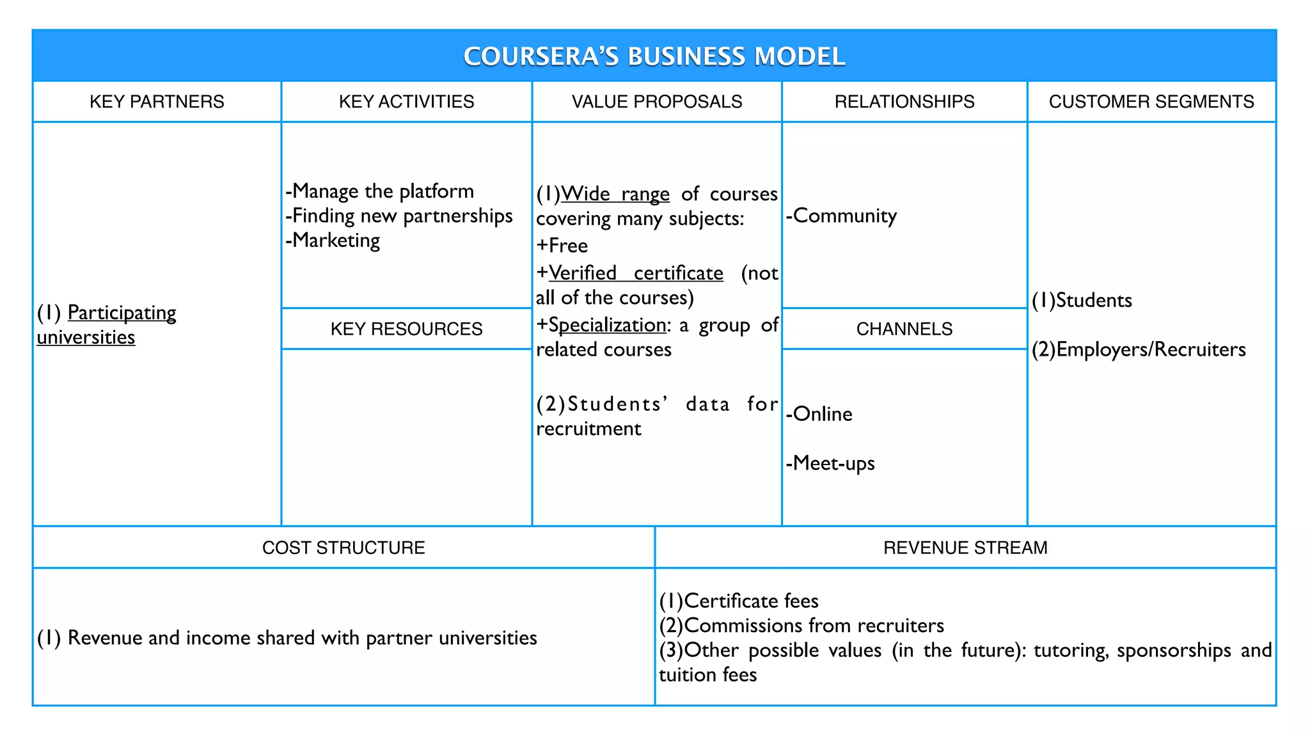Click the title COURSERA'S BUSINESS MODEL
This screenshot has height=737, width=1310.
click(654, 56)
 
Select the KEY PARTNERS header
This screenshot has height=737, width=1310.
click(157, 102)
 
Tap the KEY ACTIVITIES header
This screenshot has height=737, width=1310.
click(406, 102)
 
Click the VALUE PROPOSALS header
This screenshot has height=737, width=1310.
click(656, 102)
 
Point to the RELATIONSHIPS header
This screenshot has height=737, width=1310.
click(904, 102)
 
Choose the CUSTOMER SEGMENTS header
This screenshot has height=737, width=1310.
click(1151, 102)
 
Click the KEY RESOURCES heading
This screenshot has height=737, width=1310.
click(406, 329)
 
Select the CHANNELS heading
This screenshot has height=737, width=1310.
click(904, 329)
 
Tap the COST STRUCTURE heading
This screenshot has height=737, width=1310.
click(343, 548)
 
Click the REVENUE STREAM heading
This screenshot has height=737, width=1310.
click(965, 548)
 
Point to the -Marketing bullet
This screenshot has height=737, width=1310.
click(333, 241)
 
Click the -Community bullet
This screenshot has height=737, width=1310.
click(841, 216)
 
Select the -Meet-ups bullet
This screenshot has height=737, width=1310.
click(830, 463)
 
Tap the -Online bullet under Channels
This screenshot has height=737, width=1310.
click(819, 414)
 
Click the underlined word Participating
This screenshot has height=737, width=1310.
click(122, 313)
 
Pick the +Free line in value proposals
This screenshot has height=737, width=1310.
click(562, 246)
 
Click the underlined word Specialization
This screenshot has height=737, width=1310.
click(607, 325)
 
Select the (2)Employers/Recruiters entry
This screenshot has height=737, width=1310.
click(1139, 349)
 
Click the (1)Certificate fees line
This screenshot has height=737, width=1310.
click(739, 601)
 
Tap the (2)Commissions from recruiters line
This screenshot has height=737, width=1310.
click(801, 625)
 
